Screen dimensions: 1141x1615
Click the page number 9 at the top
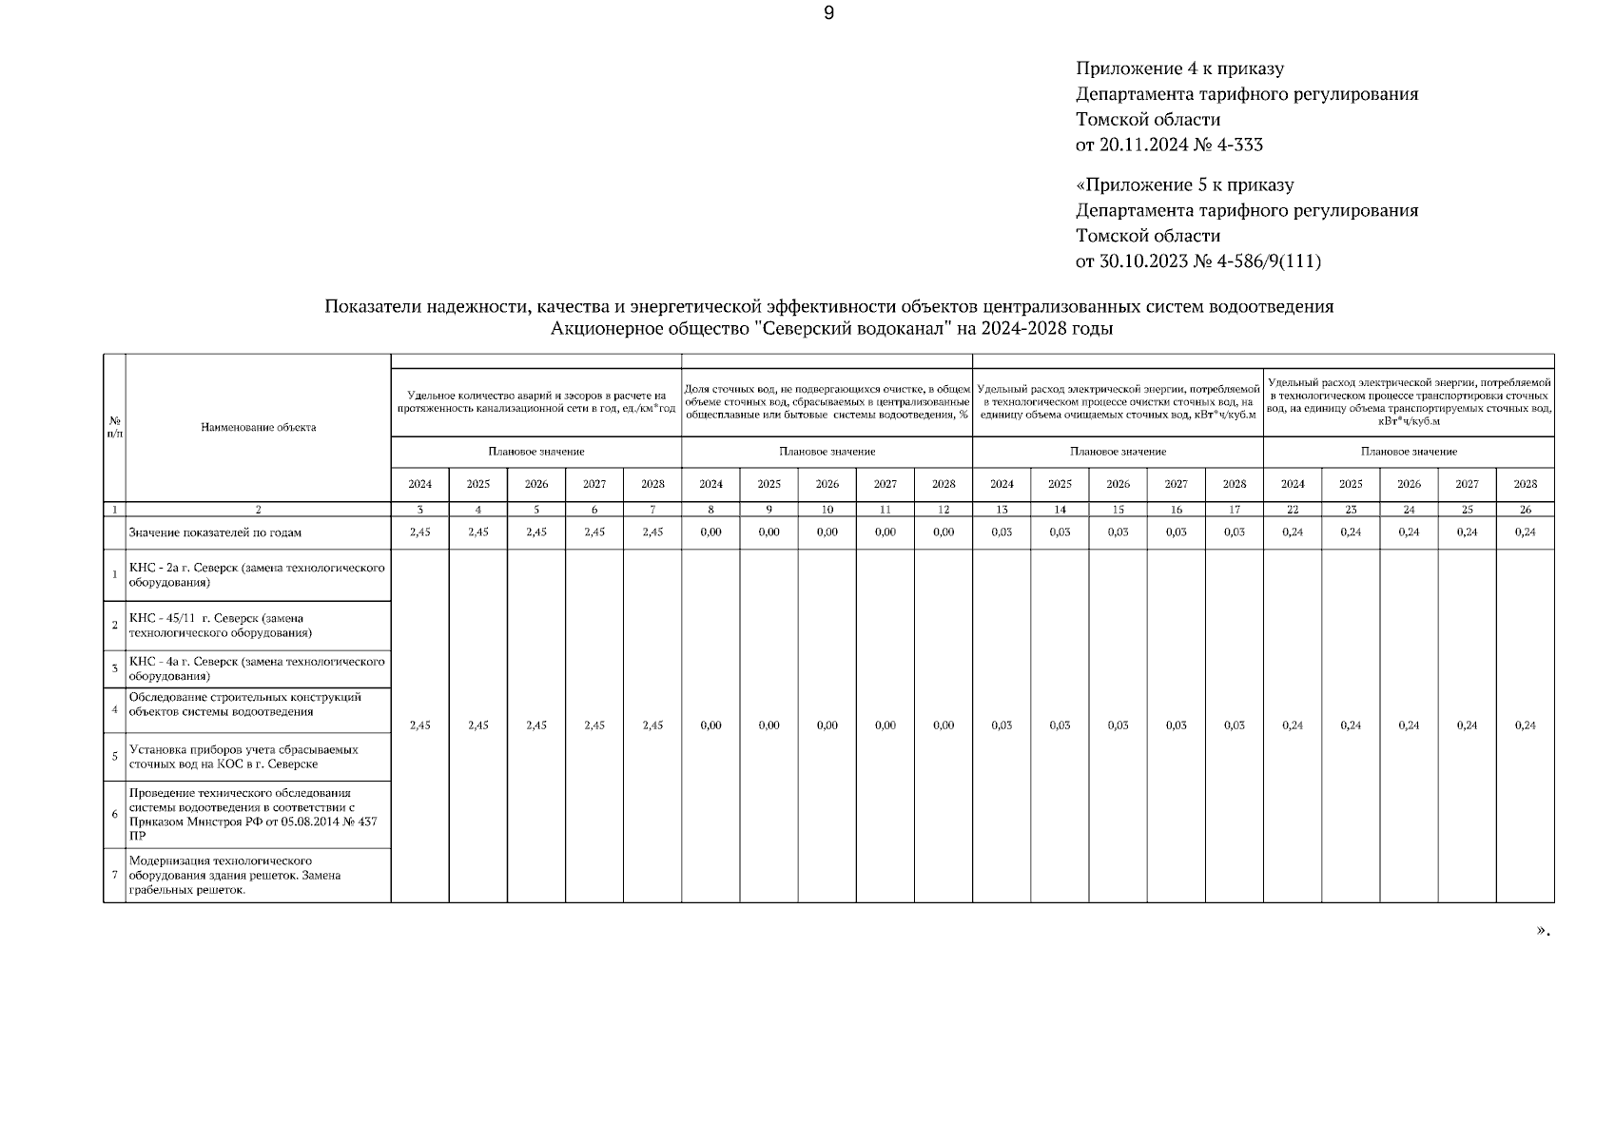click(x=828, y=13)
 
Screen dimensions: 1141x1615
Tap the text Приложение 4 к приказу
click(x=1179, y=68)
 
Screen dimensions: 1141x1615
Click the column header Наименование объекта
click(x=258, y=427)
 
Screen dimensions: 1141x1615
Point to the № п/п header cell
click(x=114, y=427)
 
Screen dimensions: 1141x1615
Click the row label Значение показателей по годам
click(x=215, y=532)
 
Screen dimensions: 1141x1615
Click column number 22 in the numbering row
click(x=1293, y=510)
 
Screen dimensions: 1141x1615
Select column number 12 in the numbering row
click(x=943, y=510)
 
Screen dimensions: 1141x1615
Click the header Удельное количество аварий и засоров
click(x=536, y=401)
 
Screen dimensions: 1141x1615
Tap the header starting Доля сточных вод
click(x=827, y=401)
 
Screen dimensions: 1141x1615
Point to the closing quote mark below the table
click(x=1543, y=931)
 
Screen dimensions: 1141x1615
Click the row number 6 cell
click(x=114, y=814)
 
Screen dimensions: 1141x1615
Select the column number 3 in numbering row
click(x=419, y=510)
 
